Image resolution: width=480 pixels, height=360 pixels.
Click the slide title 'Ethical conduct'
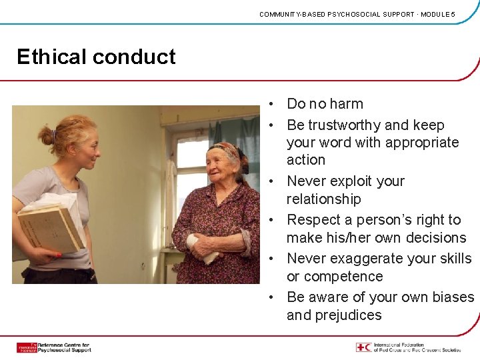coord(96,57)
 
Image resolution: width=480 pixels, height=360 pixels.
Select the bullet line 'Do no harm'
coord(325,104)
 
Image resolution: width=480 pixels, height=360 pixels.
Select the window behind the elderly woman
coord(190,167)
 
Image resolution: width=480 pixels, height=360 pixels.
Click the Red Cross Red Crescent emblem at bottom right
coord(363,347)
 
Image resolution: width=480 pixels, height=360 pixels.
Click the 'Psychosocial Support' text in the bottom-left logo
coord(64,350)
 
